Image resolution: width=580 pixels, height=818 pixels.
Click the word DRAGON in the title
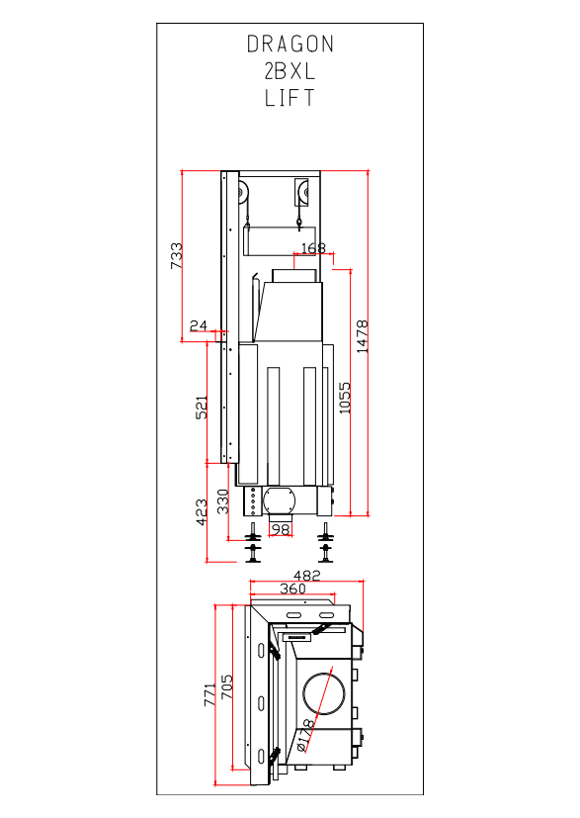(x=290, y=45)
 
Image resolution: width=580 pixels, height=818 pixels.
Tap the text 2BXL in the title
(x=290, y=71)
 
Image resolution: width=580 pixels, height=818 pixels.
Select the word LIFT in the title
(x=290, y=98)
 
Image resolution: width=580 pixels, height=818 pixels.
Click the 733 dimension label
(x=177, y=255)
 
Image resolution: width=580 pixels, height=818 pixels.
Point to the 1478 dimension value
(x=363, y=336)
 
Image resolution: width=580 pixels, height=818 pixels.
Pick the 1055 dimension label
(x=345, y=398)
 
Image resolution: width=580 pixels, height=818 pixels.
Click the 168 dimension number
(x=313, y=248)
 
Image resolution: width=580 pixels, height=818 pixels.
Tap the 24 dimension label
(x=198, y=325)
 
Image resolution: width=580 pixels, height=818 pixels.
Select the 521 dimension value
(x=202, y=407)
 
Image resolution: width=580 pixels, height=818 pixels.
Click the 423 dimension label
(x=202, y=512)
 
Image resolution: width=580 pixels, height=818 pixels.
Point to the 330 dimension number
(x=222, y=501)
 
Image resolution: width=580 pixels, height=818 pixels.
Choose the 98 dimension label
(x=281, y=529)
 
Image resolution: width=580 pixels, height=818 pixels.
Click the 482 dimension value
(x=307, y=575)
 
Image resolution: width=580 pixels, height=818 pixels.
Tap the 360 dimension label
(x=292, y=589)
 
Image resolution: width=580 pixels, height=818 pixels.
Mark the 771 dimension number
(x=209, y=695)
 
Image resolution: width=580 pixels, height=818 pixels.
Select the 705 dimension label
(x=226, y=687)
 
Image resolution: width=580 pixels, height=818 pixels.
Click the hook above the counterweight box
(x=299, y=225)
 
